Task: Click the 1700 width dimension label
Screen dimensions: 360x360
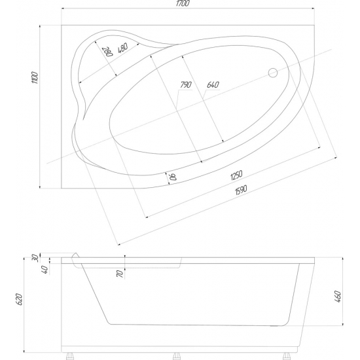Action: (x=183, y=3)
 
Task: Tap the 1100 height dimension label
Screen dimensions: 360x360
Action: (x=35, y=78)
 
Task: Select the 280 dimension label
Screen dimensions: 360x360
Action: (x=107, y=52)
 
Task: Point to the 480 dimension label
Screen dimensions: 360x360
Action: (x=122, y=48)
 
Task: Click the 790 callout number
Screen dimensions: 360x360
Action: (x=186, y=84)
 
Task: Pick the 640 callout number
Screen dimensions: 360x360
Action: (x=213, y=84)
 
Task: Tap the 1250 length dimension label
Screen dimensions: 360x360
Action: (x=236, y=175)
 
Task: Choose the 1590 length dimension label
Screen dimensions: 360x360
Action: (x=241, y=190)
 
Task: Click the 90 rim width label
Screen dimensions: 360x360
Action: (x=173, y=177)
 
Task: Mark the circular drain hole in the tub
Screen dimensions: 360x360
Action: (x=273, y=73)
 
